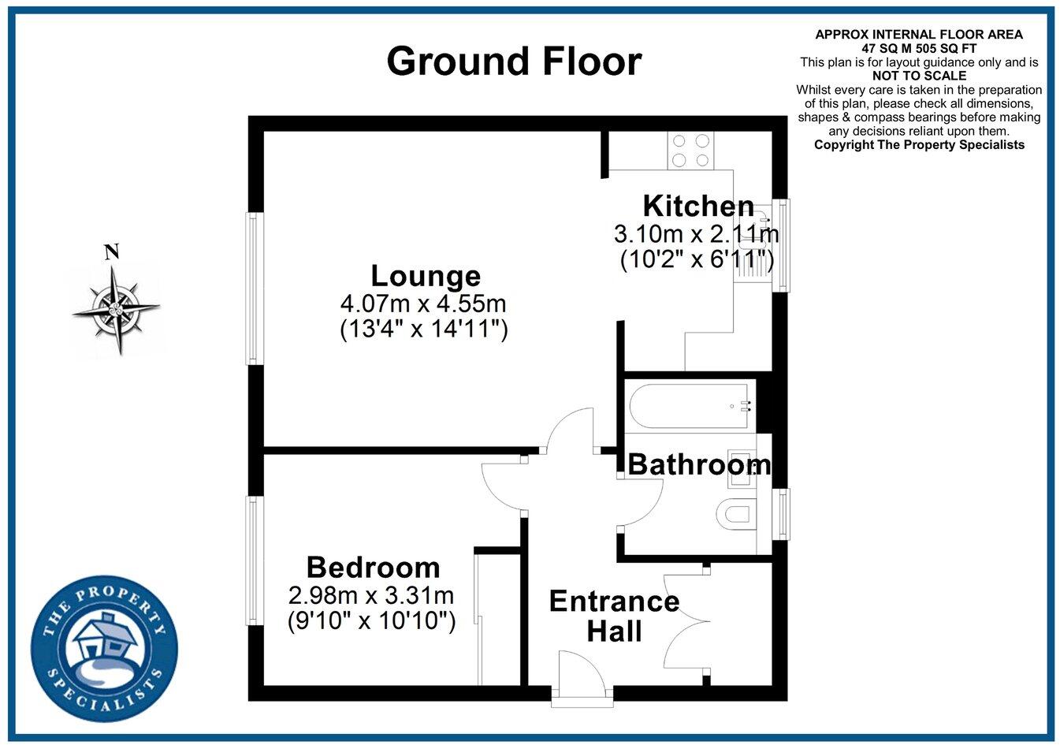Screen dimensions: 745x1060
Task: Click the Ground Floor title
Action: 514,61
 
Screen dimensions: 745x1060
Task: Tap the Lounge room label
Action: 426,276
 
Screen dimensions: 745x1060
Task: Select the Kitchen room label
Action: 698,206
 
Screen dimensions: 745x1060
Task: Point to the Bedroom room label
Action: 373,567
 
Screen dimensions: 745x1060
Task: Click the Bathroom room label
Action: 698,464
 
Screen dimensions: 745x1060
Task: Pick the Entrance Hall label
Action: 614,616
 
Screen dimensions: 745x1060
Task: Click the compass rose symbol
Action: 117,309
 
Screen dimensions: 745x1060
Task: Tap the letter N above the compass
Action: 112,252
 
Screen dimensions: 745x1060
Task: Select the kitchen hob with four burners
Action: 690,150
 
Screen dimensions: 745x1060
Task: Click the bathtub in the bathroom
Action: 690,407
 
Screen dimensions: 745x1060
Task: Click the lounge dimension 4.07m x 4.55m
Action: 423,303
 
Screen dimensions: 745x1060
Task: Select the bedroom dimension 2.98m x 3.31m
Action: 371,594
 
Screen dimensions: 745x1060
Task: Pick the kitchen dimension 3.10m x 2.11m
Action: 696,233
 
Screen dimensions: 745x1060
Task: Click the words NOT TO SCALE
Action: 919,76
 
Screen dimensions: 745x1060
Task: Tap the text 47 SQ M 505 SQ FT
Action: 919,47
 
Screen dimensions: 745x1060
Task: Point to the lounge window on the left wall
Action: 253,289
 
